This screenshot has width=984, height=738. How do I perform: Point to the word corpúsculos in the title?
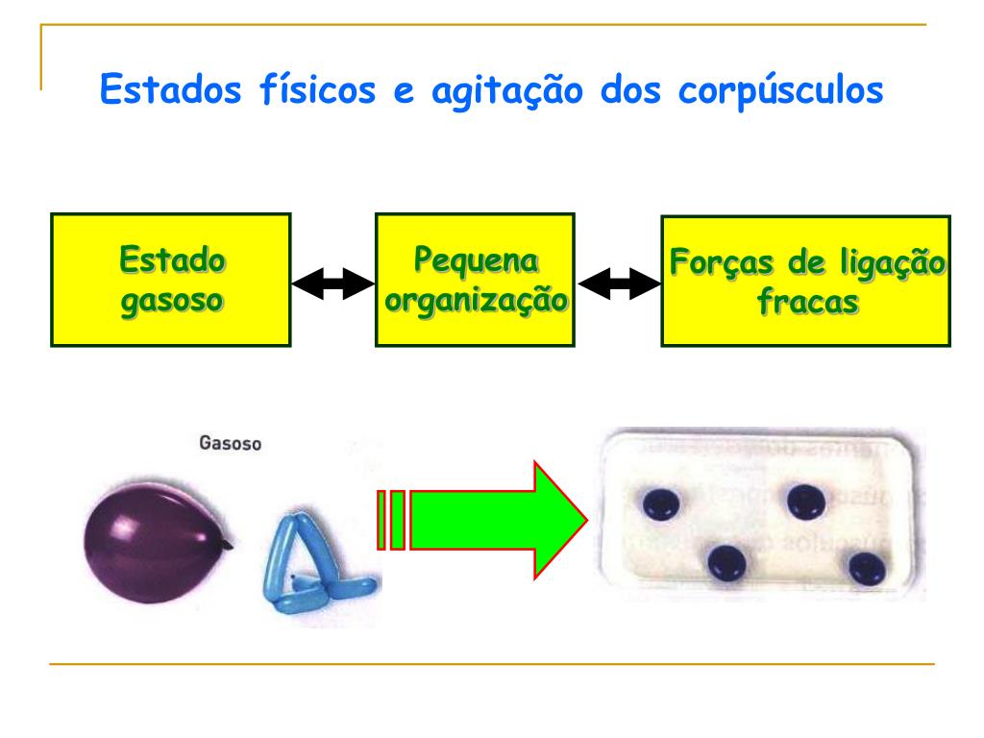(x=780, y=92)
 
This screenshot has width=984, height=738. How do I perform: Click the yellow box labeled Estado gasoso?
(x=171, y=280)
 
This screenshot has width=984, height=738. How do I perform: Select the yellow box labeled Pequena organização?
(x=475, y=280)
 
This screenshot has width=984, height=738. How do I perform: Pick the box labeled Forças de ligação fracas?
(x=805, y=280)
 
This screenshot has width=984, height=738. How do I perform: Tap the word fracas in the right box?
(x=806, y=301)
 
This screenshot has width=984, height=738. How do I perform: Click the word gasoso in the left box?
(x=172, y=299)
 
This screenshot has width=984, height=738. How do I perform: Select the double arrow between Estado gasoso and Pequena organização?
(x=332, y=283)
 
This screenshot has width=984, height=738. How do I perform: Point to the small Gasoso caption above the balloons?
(x=230, y=444)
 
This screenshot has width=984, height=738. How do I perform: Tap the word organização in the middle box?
(x=475, y=300)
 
